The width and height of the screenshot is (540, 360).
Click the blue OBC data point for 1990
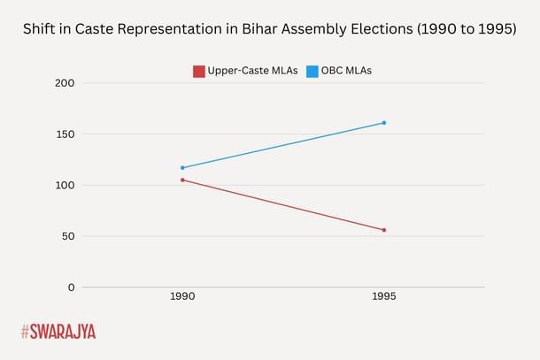pos(182,167)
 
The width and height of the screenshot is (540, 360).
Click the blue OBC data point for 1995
pos(383,123)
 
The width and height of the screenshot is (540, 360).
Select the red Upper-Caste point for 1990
pos(182,180)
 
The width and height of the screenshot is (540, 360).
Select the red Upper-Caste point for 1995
pos(383,230)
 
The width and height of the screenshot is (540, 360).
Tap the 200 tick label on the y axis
pos(65,83)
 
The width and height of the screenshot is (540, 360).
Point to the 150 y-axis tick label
pos(65,134)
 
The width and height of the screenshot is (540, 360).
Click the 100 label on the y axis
pos(65,186)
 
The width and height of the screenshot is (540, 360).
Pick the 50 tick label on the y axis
pos(67,236)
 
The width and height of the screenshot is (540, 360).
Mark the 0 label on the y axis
pos(71,287)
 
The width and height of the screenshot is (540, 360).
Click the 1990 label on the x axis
pos(182,297)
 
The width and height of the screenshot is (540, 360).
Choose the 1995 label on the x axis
pos(383,297)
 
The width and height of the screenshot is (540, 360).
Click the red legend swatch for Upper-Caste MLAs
pos(199,71)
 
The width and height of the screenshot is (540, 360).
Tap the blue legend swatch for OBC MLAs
pos(312,71)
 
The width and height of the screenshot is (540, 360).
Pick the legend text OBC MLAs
pos(347,71)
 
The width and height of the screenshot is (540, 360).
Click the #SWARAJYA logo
pos(58,332)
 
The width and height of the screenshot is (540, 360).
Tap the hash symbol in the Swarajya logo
pos(26,332)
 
